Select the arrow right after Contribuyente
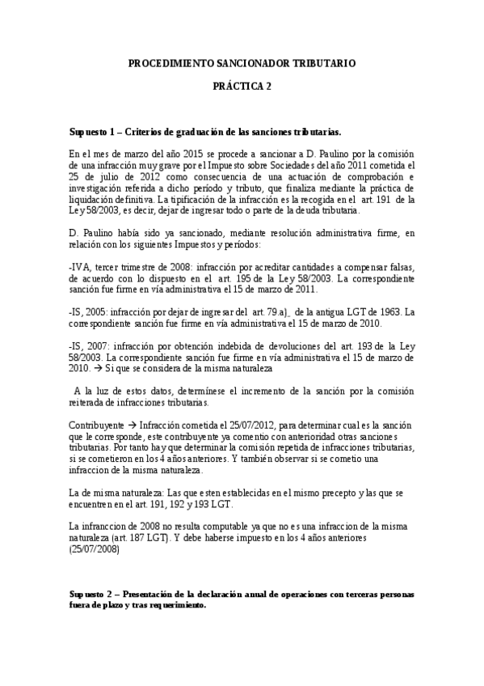(131, 426)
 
